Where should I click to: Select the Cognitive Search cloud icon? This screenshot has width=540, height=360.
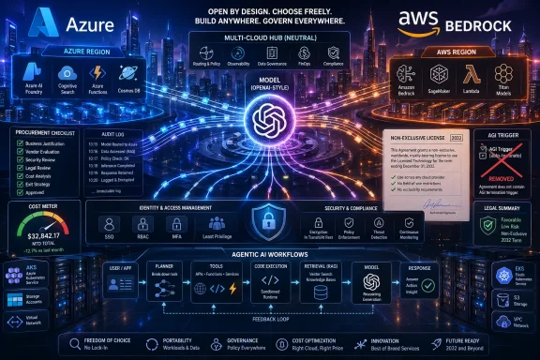pyautogui.click(x=67, y=72)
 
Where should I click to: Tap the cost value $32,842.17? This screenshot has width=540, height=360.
pyautogui.click(x=44, y=212)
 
